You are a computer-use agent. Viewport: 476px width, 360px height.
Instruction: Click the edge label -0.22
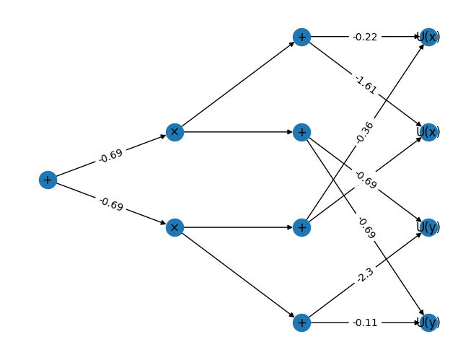[x=365, y=37]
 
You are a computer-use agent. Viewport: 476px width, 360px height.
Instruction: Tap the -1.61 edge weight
[x=366, y=84]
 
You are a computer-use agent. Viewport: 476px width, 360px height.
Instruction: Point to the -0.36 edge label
[x=365, y=132]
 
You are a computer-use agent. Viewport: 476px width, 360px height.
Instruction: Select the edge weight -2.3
[x=365, y=275]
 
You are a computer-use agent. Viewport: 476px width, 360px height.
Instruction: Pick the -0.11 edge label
[x=365, y=322]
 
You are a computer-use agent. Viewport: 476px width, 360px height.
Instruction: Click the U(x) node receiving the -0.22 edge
[x=428, y=37]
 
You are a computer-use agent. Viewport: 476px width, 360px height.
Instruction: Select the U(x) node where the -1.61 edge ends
[x=428, y=132]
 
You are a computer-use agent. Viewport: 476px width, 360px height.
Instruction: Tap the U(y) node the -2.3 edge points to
[x=428, y=227]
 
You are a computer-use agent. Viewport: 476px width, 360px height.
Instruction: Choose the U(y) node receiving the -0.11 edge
[x=428, y=322]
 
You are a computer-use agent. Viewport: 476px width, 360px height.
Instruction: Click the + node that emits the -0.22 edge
[x=301, y=37]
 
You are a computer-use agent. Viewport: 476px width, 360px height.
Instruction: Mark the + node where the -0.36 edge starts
[x=301, y=227]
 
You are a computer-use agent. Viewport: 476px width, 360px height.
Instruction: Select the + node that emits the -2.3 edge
[x=301, y=322]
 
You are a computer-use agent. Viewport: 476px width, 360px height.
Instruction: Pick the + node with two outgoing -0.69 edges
[x=301, y=132]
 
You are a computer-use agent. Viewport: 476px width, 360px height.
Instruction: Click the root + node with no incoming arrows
[x=48, y=180]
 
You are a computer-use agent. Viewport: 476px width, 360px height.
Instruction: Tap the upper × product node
[x=175, y=132]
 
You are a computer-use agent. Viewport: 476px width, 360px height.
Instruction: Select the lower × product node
[x=175, y=227]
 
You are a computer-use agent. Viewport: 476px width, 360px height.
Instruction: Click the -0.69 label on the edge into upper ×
[x=111, y=156]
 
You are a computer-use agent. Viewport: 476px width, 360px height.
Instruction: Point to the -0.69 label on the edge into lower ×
[x=111, y=204]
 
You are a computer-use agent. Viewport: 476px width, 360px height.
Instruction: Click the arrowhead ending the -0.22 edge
[x=417, y=37]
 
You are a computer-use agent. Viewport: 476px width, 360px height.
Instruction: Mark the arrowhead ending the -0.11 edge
[x=417, y=322]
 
